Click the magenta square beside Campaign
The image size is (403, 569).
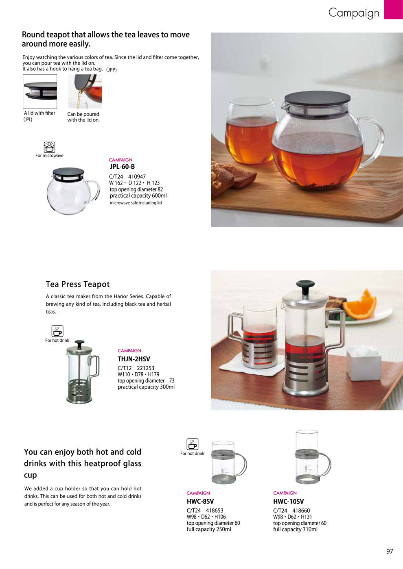[x=393, y=9]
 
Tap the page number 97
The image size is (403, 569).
[x=390, y=551]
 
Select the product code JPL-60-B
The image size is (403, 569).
[x=122, y=167]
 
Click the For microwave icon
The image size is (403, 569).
[x=49, y=147]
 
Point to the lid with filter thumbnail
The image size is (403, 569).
[x=40, y=91]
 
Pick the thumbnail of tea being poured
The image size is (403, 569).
[x=85, y=91]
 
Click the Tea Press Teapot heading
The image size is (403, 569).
[x=78, y=284]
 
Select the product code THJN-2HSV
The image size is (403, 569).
[x=134, y=359]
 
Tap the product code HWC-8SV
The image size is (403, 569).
[x=200, y=502]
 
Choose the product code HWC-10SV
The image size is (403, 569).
[x=289, y=502]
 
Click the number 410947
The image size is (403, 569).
[x=137, y=177]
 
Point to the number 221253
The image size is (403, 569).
[x=145, y=368]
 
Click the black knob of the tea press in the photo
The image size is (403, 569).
[x=305, y=284]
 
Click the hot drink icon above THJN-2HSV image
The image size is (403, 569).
[x=57, y=331]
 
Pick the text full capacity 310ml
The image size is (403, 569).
[x=295, y=529]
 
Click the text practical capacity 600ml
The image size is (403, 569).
[x=138, y=195]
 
